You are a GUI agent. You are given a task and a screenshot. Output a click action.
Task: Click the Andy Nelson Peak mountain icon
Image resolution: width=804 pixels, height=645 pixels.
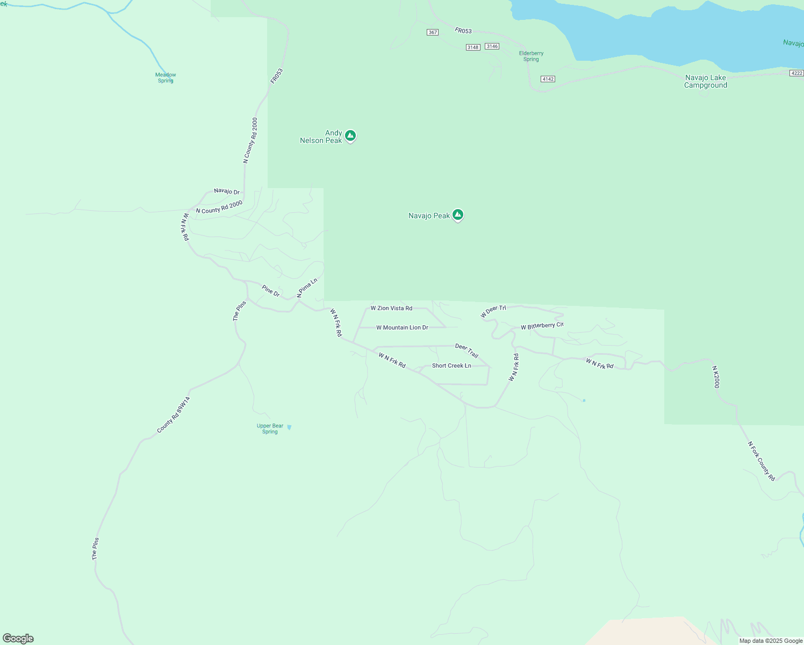click(x=350, y=135)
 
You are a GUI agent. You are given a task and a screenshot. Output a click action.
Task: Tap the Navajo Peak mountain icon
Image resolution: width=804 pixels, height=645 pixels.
click(x=458, y=215)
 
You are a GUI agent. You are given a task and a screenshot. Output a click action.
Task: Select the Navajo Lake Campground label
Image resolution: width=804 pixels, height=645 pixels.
click(x=705, y=81)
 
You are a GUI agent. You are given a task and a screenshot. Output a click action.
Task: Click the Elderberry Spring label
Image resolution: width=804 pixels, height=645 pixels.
click(x=531, y=56)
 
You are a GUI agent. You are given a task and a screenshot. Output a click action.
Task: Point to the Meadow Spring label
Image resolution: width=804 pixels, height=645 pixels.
click(x=166, y=78)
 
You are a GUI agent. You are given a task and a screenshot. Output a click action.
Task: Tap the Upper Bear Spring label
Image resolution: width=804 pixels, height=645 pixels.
click(x=270, y=428)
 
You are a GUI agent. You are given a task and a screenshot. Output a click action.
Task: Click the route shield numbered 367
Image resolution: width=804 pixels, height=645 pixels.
click(x=433, y=32)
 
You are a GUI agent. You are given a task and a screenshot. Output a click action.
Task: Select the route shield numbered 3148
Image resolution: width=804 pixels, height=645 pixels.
click(x=473, y=47)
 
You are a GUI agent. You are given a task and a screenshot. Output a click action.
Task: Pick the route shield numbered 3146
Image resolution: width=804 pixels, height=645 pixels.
click(x=492, y=46)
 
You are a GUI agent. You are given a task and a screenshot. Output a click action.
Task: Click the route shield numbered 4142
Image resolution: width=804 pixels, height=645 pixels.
click(x=548, y=79)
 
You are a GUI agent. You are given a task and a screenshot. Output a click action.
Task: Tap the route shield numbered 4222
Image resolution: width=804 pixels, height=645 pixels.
click(x=797, y=73)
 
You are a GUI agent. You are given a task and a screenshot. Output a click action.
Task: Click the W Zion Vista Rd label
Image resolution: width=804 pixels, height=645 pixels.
click(x=391, y=308)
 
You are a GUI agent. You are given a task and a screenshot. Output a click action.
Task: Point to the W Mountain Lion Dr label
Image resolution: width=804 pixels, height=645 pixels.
click(x=402, y=327)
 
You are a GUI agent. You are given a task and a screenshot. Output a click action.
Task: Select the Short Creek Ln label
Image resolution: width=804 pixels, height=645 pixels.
click(x=451, y=365)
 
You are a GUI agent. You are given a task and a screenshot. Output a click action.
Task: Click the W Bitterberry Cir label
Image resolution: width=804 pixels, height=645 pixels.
click(x=542, y=326)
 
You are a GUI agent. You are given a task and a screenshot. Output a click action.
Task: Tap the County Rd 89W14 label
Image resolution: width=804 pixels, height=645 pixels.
click(x=174, y=415)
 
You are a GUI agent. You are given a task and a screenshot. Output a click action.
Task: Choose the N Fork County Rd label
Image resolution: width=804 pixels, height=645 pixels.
click(x=762, y=461)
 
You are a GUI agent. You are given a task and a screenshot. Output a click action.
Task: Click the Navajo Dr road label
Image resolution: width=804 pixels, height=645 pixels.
click(x=227, y=191)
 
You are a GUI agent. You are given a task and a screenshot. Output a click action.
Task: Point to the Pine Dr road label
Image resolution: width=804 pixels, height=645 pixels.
click(x=271, y=291)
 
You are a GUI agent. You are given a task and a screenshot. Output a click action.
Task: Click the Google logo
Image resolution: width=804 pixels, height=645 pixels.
click(x=18, y=639)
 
